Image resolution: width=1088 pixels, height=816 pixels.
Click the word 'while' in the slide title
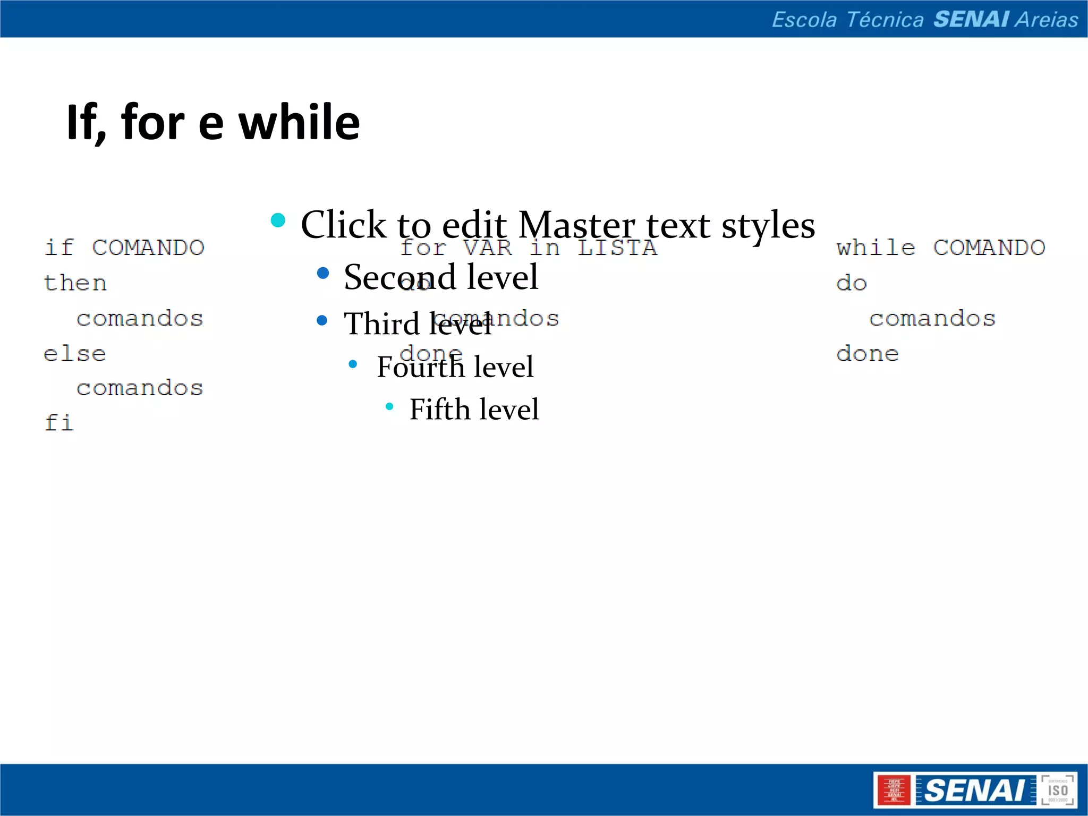click(299, 123)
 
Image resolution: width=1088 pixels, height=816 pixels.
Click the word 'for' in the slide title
click(152, 123)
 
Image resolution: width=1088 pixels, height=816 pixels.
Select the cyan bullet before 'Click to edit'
click(278, 220)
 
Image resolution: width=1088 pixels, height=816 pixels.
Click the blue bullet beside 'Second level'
click(322, 274)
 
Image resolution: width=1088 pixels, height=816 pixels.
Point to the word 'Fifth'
click(440, 409)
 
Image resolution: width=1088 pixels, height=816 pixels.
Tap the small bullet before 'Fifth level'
click(389, 407)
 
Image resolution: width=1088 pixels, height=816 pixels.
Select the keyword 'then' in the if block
click(75, 283)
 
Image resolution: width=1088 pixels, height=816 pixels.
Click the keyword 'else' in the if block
click(75, 354)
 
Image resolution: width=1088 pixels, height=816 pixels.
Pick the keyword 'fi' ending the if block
click(59, 423)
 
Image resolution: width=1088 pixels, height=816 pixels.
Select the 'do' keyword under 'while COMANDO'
click(852, 283)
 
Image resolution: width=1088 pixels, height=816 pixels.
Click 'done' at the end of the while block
click(868, 354)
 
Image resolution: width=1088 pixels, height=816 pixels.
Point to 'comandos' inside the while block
click(932, 319)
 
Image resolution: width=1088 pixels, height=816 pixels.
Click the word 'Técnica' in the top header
click(885, 20)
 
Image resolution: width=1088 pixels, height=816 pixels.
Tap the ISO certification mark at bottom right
click(1058, 790)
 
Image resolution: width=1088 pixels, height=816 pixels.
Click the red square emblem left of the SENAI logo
click(895, 790)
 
